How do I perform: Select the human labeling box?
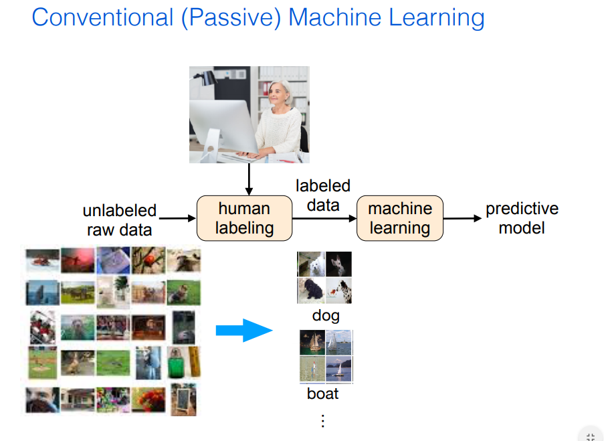[244, 218]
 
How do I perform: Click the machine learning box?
[400, 218]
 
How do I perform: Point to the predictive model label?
[522, 218]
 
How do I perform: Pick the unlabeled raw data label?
[119, 220]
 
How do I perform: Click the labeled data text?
[323, 195]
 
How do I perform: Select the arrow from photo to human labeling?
[249, 179]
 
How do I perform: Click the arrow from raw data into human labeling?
[178, 218]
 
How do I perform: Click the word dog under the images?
[325, 315]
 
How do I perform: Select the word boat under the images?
[322, 393]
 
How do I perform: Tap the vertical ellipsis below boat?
[322, 420]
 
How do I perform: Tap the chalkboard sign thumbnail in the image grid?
[183, 399]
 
